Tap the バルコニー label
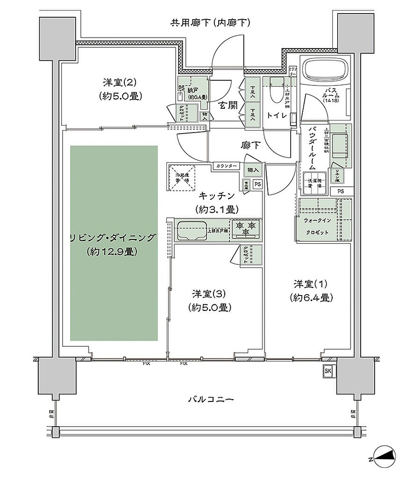click(211, 400)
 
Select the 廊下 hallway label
click(250, 145)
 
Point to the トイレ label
click(276, 114)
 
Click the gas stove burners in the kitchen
click(246, 227)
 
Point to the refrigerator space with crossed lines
click(182, 177)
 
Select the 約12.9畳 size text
click(111, 252)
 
